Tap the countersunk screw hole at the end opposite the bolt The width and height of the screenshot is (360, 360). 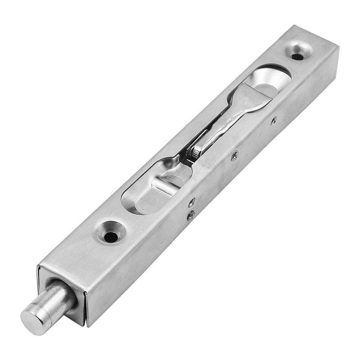[297, 56]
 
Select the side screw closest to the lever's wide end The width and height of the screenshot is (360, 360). [274, 120]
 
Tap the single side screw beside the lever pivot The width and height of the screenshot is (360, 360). [234, 156]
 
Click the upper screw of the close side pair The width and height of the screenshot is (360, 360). [192, 202]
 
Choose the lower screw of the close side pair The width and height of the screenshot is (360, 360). [191, 216]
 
